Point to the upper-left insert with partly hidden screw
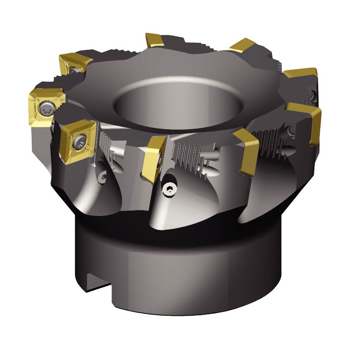coord(75,64)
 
